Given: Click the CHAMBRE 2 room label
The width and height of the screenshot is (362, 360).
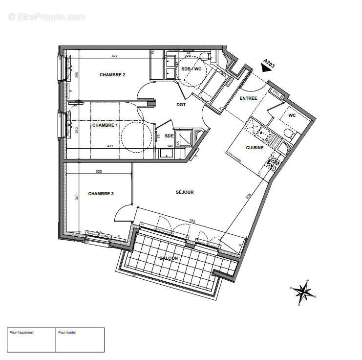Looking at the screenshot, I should point(112,75).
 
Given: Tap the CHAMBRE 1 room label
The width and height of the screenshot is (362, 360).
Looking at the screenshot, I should point(105,125).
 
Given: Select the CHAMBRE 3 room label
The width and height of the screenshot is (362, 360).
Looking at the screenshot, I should point(101,194).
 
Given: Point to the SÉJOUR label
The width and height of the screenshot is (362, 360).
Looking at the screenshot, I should point(185,192).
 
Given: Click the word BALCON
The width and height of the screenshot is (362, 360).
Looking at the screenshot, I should point(168,258).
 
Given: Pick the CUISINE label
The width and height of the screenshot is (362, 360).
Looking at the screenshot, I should point(255,147).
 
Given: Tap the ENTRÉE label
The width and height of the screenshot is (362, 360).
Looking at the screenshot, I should point(248,98).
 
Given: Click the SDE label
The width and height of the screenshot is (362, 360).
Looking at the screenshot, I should point(169,135).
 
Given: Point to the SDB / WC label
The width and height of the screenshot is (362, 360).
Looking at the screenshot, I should point(191,69).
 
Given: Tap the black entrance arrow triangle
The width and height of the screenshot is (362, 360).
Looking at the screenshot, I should point(266,69).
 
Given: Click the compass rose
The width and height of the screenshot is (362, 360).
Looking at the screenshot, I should point(303,292).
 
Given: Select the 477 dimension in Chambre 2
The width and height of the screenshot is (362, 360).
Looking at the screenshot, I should point(114,56).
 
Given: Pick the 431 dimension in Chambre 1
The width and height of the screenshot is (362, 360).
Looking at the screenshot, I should point(110,146).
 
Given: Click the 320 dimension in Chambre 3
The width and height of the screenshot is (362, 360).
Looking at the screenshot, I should point(99,172).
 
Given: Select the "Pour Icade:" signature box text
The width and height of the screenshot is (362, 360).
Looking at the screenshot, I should point(67,333).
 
